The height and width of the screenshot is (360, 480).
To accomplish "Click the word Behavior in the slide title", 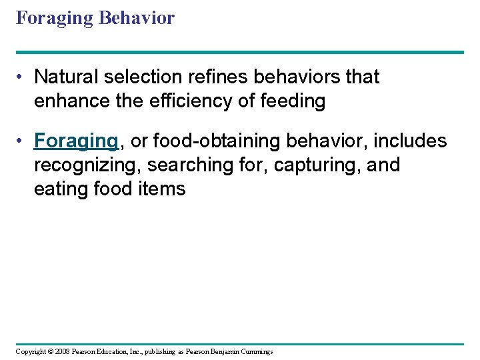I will [x=136, y=18].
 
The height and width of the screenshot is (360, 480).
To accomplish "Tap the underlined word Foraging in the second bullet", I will [x=76, y=141].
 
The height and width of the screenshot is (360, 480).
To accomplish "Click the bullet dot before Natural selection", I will [x=22, y=77].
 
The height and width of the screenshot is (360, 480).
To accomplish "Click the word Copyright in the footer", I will [x=31, y=351].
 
